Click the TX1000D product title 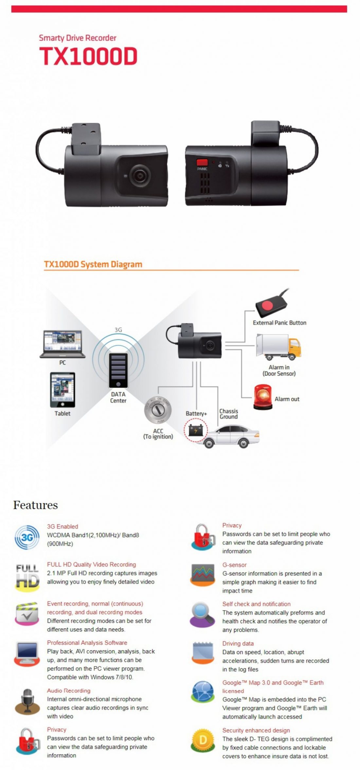88,56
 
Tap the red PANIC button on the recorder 202,162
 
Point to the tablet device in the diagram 63,389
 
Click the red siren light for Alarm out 262,397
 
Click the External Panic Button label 279,323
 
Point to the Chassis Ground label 228,414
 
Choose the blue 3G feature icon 27,537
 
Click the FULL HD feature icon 27,576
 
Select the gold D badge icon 203,740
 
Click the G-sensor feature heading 234,565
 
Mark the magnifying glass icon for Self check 202,615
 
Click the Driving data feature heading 238,643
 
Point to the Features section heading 35,505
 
